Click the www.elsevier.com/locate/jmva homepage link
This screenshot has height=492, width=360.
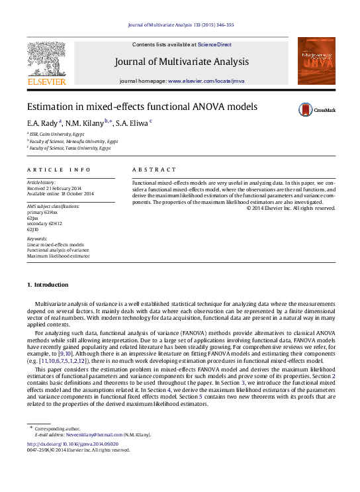[x=206, y=80]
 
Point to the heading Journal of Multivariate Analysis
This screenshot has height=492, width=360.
[x=182, y=62]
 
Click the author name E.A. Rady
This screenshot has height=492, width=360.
[x=42, y=123]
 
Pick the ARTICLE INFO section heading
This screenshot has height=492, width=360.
[x=59, y=170]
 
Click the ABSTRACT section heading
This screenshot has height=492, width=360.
[x=154, y=170]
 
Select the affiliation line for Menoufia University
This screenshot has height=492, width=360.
[x=73, y=141]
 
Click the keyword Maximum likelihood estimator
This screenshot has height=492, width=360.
[x=58, y=255]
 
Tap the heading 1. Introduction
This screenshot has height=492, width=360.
[x=47, y=285]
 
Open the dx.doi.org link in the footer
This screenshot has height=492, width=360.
[x=72, y=444]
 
